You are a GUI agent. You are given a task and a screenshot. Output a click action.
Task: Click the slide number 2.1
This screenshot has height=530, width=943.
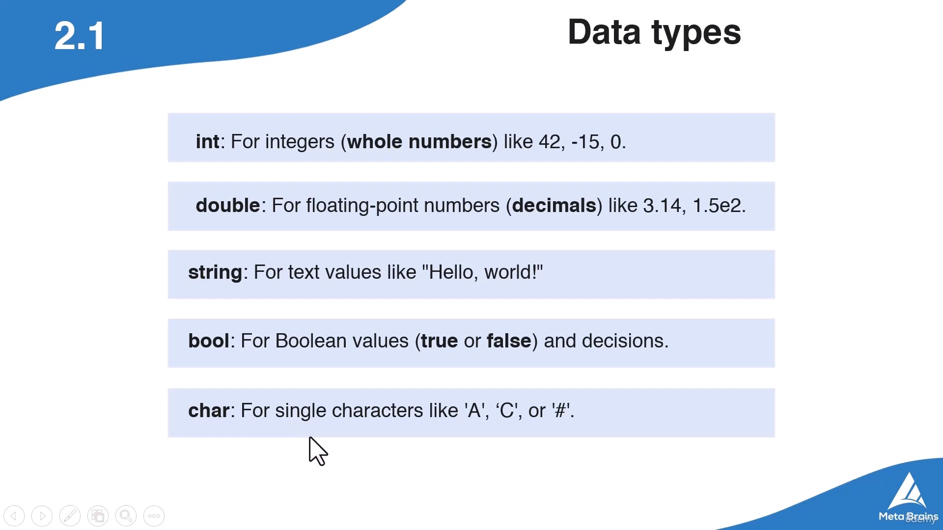tap(79, 36)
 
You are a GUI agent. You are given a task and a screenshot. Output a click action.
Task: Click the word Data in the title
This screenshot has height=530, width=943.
tap(604, 32)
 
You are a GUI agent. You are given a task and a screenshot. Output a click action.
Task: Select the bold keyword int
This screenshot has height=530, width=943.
tap(207, 141)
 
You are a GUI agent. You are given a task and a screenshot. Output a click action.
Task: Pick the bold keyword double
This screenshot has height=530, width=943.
tap(228, 205)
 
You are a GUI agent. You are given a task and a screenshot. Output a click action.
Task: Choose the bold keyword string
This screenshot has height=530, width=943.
tap(215, 272)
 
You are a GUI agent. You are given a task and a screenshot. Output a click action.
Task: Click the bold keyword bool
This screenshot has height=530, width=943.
tap(209, 341)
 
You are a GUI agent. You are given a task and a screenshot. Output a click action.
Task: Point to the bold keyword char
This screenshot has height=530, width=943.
tap(209, 410)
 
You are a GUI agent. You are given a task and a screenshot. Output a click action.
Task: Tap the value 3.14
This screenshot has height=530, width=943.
tap(662, 206)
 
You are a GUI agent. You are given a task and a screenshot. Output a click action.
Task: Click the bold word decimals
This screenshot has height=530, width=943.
tap(554, 205)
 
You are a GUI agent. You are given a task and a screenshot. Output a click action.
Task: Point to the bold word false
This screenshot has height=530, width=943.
tap(509, 341)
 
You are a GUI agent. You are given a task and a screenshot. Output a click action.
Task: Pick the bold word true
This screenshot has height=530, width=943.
tap(440, 341)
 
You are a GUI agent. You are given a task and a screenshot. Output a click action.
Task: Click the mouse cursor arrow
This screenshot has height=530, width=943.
tap(317, 450)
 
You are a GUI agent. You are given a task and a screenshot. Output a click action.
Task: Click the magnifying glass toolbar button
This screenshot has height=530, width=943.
tap(126, 516)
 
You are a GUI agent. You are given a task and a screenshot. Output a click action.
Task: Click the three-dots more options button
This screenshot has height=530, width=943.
tap(154, 516)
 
